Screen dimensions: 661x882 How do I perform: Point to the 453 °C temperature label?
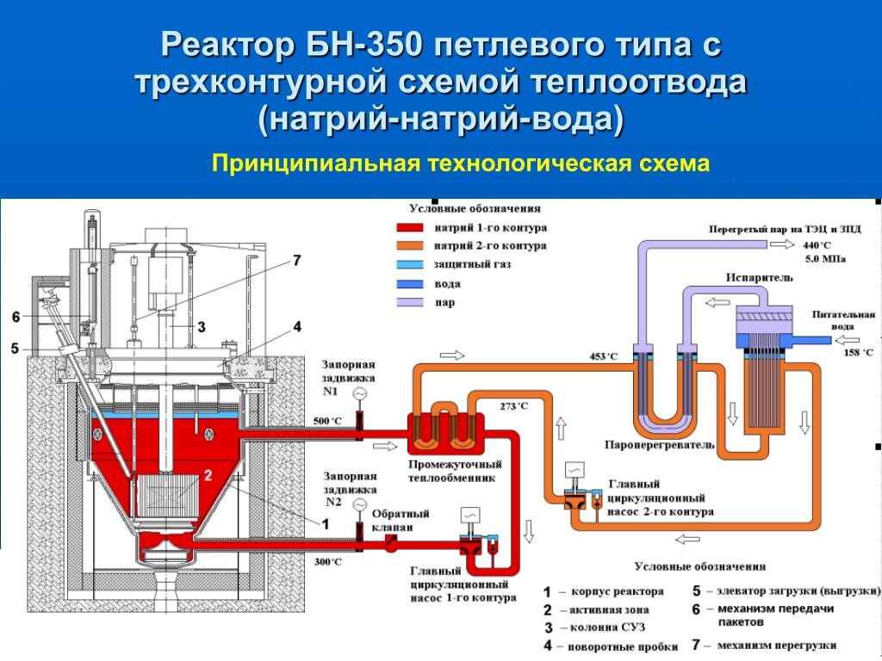coord(603,356)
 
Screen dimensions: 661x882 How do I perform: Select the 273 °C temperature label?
coord(514,405)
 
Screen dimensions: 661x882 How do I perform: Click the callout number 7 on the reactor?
coord(297,260)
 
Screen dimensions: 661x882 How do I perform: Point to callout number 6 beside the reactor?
coord(16,318)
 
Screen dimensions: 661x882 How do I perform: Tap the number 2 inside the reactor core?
coord(208,475)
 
